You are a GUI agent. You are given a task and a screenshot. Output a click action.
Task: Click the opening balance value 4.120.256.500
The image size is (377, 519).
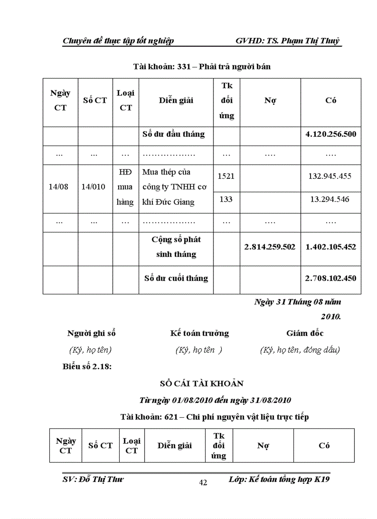click(x=331, y=134)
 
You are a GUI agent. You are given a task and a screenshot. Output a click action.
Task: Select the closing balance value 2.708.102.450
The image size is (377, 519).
click(x=331, y=278)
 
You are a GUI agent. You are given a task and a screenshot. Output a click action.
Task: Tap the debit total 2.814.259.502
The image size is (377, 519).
click(x=270, y=247)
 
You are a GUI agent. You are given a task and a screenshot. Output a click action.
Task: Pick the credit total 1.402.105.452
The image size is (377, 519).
click(x=331, y=247)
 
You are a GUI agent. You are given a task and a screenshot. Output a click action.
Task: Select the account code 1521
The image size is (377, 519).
click(x=226, y=176)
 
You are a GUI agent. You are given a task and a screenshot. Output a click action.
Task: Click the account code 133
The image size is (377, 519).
click(x=226, y=199)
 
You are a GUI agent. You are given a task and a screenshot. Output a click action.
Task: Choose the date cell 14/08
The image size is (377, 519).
click(x=60, y=187)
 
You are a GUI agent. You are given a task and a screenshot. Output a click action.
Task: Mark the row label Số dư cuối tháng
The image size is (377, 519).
click(x=176, y=278)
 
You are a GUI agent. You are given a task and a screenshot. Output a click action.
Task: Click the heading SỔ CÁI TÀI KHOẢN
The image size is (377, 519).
click(x=202, y=384)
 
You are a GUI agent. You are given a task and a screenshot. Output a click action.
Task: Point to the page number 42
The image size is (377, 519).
click(x=203, y=483)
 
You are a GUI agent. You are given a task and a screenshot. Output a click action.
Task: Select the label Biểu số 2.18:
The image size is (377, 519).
click(x=88, y=367)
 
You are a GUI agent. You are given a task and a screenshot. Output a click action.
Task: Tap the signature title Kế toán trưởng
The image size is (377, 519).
click(x=199, y=333)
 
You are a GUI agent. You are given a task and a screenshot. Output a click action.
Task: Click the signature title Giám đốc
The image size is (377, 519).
click(x=305, y=333)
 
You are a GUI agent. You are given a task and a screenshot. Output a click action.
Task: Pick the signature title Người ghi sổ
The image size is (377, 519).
click(x=91, y=333)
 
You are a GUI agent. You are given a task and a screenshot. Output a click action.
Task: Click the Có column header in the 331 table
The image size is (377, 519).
click(x=331, y=101)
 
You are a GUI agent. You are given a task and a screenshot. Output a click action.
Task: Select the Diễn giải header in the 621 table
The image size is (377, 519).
click(x=175, y=446)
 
